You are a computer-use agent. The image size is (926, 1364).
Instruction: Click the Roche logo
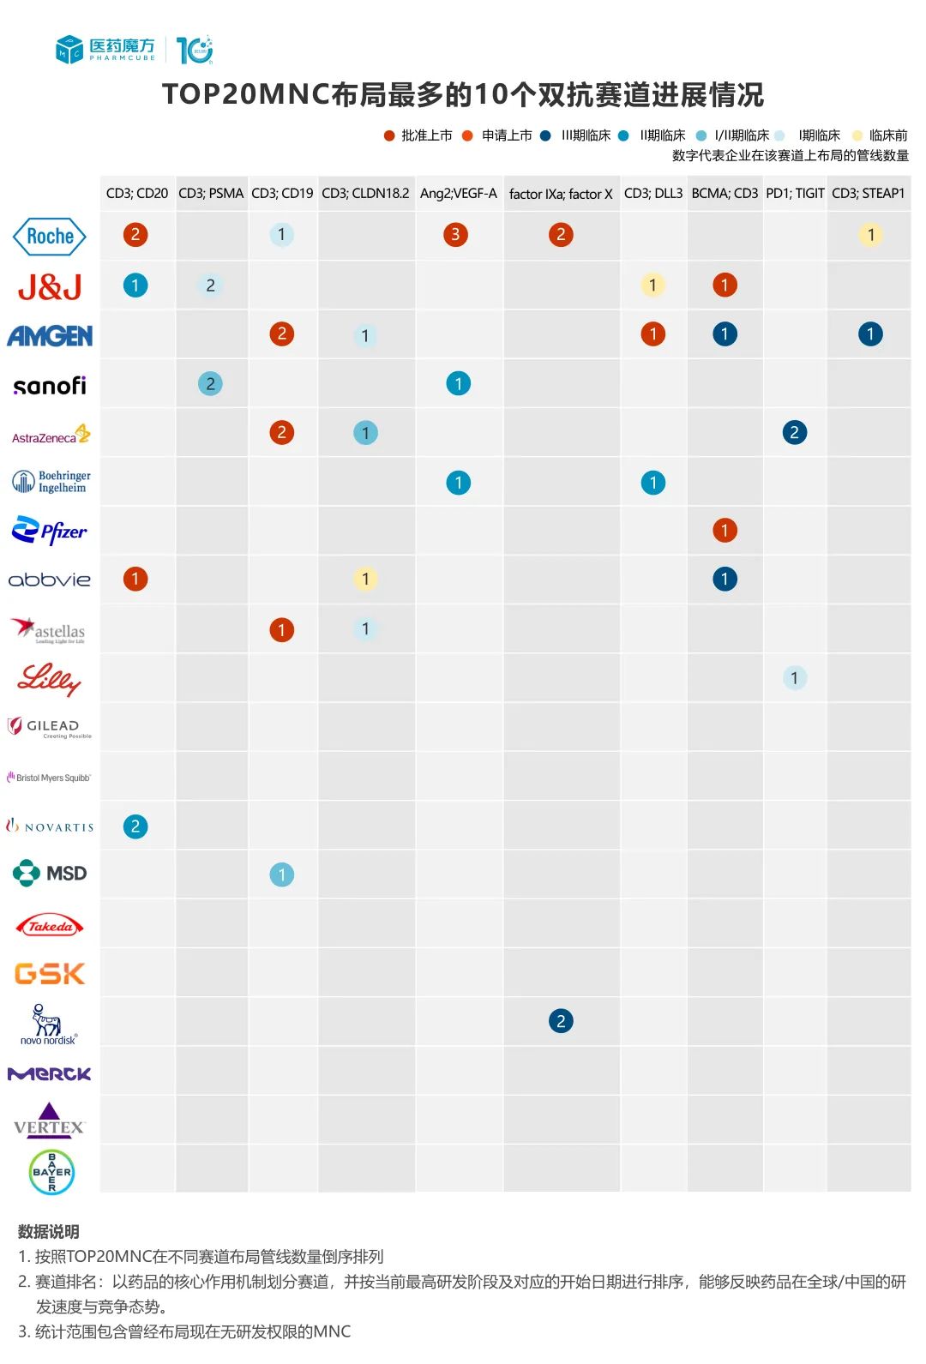pos(50,236)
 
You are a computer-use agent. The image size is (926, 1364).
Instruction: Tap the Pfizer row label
pos(50,531)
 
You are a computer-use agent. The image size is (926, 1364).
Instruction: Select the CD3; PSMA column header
pos(211,194)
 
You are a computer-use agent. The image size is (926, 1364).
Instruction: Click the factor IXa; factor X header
pos(561,194)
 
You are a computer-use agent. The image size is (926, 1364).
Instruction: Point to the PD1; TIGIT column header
pos(795,194)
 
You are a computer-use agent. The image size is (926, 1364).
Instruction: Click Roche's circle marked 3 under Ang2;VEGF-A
pos(455,235)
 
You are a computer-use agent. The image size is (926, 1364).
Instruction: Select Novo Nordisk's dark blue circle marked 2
pos(561,1021)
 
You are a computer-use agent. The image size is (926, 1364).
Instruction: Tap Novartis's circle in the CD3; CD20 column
pos(135,826)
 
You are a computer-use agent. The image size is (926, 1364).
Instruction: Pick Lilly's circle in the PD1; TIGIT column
pos(795,678)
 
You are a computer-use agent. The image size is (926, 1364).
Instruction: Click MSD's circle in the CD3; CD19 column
pos(281,874)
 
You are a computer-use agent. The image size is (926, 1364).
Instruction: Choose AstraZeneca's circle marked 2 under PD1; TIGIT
pos(795,433)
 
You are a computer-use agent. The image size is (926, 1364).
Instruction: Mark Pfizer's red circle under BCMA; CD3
pos(725,531)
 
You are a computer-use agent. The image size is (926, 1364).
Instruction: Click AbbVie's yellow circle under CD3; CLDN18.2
pos(365,580)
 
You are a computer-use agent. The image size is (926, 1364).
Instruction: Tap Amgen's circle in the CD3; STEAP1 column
pos(870,334)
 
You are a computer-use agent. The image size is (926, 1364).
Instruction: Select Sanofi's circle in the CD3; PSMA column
pos(210,384)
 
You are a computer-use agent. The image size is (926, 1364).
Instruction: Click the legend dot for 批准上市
pos(389,135)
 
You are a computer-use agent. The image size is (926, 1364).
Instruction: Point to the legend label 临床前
pos(888,135)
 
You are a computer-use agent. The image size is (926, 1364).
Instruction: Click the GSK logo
pos(50,973)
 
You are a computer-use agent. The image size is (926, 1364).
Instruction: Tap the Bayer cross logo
pos(51,1172)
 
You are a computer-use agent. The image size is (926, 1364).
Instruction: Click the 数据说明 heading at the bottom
pos(49,1232)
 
